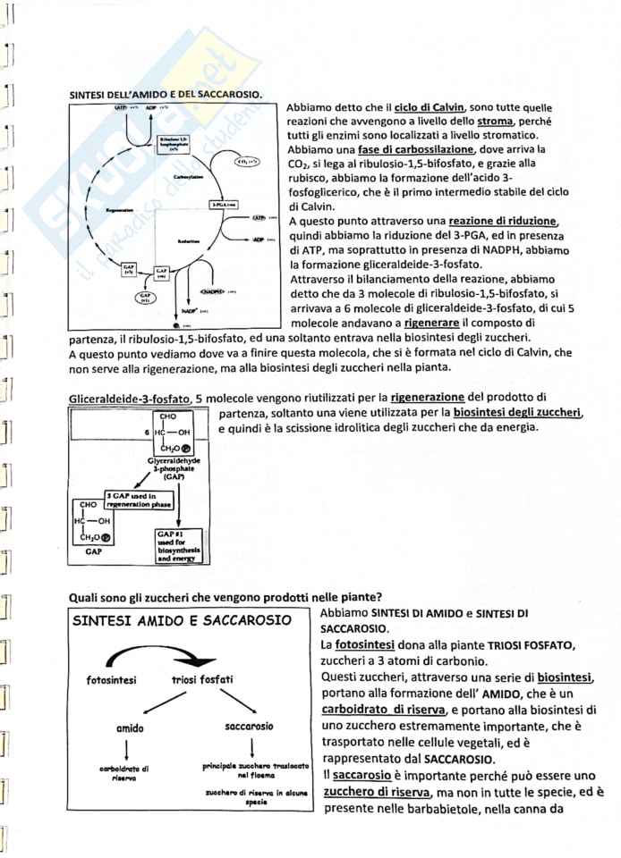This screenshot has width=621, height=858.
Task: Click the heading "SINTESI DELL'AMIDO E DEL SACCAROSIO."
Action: (x=166, y=93)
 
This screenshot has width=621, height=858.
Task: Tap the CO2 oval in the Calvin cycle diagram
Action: (x=246, y=162)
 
